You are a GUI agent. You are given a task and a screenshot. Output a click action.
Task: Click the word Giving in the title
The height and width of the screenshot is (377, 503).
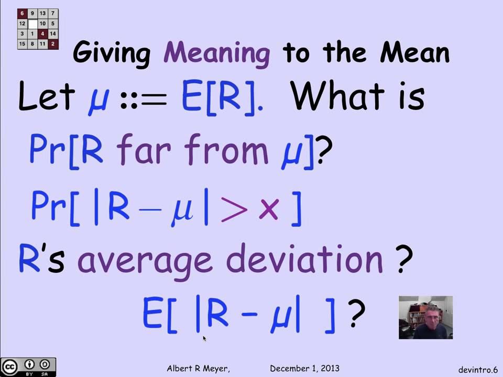[x=112, y=53]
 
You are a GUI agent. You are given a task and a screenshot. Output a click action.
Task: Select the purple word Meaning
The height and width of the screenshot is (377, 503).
[x=217, y=53]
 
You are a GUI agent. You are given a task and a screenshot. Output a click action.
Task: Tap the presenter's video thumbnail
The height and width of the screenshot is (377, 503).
[x=425, y=317]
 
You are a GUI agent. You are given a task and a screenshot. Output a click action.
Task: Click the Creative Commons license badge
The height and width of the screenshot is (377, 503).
[x=28, y=366]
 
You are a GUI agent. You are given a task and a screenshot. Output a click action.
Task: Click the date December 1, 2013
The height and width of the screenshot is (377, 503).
[x=305, y=369]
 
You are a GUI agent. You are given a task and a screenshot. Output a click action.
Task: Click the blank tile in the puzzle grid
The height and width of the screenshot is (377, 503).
[x=32, y=24]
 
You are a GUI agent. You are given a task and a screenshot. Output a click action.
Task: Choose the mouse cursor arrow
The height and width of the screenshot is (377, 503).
[x=204, y=339]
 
